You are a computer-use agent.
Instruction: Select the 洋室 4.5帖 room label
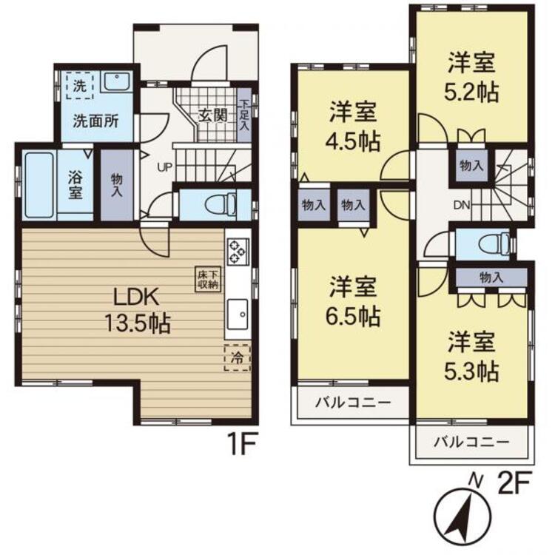coord(354,125)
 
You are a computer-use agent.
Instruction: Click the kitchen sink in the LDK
coord(238,314)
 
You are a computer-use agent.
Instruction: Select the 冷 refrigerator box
coord(238,357)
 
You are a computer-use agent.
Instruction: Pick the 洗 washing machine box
coord(78,84)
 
